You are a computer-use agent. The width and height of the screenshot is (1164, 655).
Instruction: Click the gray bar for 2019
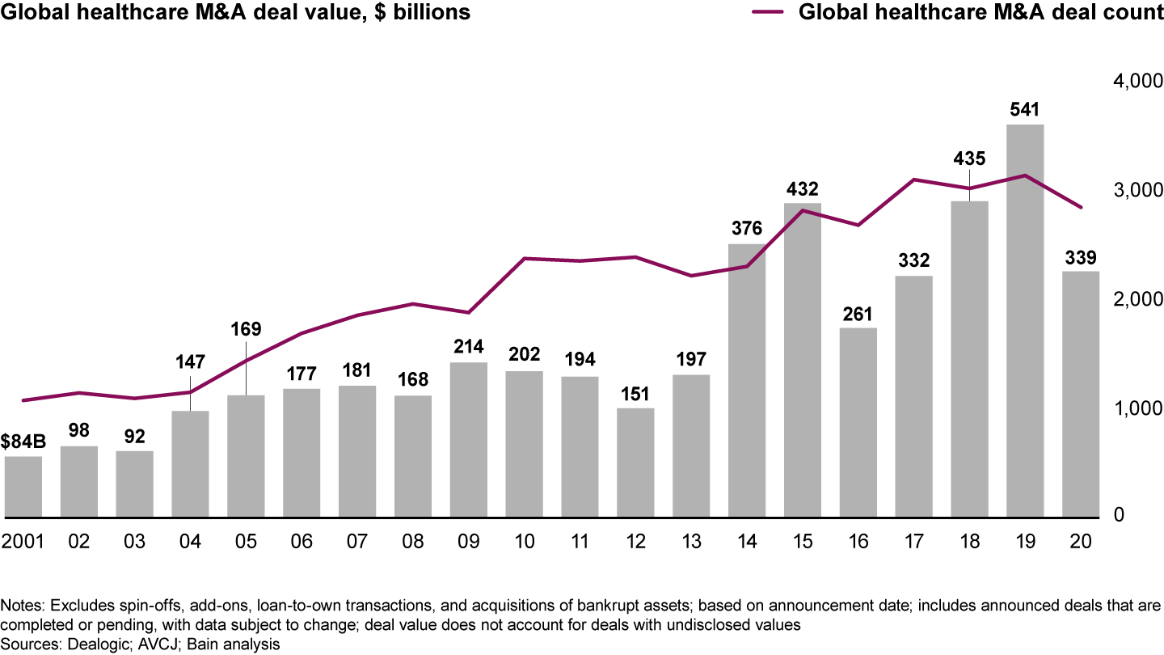tap(1025, 320)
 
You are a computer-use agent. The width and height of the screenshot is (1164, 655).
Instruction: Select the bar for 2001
tap(23, 486)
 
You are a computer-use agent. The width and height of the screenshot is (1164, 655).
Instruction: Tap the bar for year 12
tap(635, 462)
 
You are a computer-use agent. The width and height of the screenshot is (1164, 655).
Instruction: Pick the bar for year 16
tap(858, 421)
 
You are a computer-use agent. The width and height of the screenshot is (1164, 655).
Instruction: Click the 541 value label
tap(1025, 108)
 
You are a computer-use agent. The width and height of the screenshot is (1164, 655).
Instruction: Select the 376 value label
tap(747, 229)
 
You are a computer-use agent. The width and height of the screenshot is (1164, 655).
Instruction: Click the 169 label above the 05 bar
tap(246, 329)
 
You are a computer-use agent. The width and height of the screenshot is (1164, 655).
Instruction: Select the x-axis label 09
tap(469, 541)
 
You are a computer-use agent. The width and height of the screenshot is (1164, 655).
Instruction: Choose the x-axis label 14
tap(747, 541)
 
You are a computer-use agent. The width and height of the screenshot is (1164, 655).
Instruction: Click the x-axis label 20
tap(1081, 541)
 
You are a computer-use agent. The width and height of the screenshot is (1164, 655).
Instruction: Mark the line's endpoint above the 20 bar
tap(1081, 208)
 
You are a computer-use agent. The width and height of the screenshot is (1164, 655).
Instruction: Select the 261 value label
tap(858, 313)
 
